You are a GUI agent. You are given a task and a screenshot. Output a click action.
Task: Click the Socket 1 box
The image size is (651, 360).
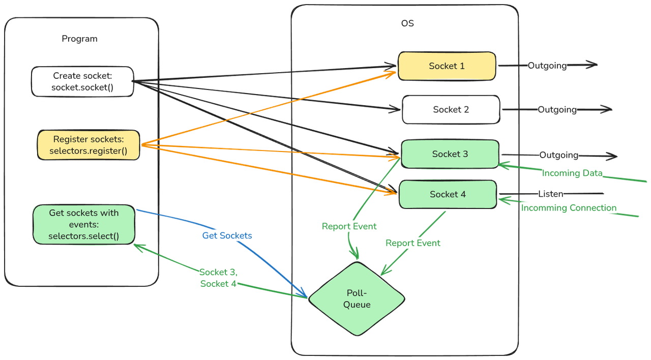pos(447,66)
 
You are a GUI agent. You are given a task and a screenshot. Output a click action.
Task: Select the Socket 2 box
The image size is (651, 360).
pos(451,110)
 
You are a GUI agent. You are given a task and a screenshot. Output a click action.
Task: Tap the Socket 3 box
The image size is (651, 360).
pos(450,154)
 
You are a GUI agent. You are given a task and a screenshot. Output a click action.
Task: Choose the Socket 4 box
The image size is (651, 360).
pos(447,194)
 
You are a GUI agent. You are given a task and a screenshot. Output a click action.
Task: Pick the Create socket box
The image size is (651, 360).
pos(82,81)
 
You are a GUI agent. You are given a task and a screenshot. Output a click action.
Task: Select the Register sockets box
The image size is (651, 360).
pos(88,145)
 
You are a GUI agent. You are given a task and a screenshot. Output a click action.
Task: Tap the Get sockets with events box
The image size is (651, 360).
pos(84,224)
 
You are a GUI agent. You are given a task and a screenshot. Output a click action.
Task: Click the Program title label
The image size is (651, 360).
pos(79,39)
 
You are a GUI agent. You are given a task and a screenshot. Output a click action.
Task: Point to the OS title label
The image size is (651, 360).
pos(407,23)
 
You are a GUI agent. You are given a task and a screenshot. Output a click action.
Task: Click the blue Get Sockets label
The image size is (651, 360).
pos(227,236)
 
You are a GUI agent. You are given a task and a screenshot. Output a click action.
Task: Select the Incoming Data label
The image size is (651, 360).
pos(572,173)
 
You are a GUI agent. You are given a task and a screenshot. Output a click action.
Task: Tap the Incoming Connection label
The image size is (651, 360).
pos(569,208)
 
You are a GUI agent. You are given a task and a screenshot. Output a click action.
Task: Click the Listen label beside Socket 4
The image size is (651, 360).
pos(550,194)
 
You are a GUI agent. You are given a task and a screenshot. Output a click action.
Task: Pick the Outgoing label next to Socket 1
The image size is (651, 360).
pos(547,66)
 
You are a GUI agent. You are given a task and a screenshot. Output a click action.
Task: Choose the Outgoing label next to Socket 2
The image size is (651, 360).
pos(557,109)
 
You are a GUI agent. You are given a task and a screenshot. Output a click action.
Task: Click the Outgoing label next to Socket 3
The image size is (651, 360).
pos(558,155)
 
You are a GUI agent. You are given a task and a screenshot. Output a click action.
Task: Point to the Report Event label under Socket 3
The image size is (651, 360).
pos(349,226)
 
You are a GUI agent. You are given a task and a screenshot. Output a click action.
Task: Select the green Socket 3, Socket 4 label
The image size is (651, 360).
pos(218,278)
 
